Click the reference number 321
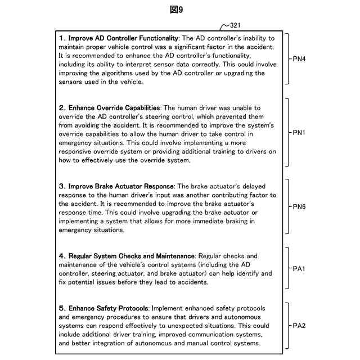click(x=234, y=25)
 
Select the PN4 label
click(x=299, y=58)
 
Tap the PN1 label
click(x=299, y=133)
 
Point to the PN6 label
click(x=299, y=206)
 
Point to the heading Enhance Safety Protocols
click(x=109, y=308)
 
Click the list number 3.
click(x=61, y=186)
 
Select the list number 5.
click(x=61, y=308)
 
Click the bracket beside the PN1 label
click(x=287, y=133)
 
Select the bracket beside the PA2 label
click(x=287, y=325)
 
